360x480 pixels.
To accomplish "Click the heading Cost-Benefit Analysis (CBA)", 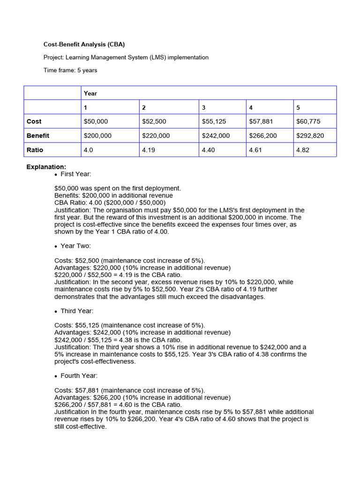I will (84, 45).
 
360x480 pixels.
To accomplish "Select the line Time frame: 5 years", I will (70, 70).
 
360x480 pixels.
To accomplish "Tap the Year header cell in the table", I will (90, 93).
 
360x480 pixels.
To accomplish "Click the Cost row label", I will (34, 121).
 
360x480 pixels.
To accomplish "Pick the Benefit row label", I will (38, 135).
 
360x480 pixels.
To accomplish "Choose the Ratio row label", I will (35, 150).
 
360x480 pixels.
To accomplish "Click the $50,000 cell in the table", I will (96, 121).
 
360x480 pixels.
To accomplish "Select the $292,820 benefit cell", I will (310, 135).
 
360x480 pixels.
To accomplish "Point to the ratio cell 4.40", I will (208, 150).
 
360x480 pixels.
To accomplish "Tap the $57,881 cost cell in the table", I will (261, 121).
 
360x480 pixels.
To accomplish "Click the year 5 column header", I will (299, 107).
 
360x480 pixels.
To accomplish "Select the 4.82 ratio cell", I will (303, 150).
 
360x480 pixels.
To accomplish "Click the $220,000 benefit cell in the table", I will (156, 135).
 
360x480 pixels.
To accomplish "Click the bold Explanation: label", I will (46, 166).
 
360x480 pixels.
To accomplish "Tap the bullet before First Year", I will (56, 174).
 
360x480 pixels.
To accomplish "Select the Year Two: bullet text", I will (76, 246).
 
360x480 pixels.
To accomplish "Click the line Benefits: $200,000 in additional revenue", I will (113, 195).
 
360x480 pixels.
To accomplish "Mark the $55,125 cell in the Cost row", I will (214, 121).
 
